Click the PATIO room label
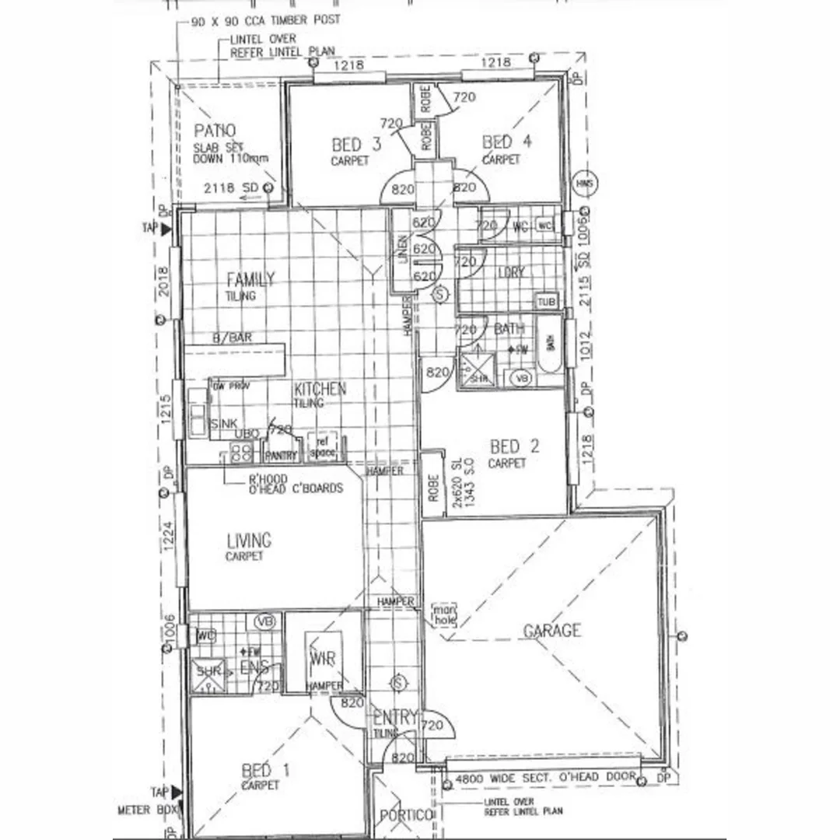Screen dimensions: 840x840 click(x=215, y=131)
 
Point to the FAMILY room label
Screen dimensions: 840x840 click(x=250, y=279)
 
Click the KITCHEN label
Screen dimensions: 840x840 click(x=320, y=389)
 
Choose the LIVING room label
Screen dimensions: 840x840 click(x=249, y=540)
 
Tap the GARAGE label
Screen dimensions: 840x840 click(x=551, y=630)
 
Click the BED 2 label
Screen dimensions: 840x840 click(x=514, y=446)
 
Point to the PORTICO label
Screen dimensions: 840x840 click(x=406, y=815)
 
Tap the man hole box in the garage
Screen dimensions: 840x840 click(x=444, y=614)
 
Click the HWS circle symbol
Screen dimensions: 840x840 click(x=584, y=184)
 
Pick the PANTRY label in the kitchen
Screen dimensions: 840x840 click(x=280, y=455)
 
